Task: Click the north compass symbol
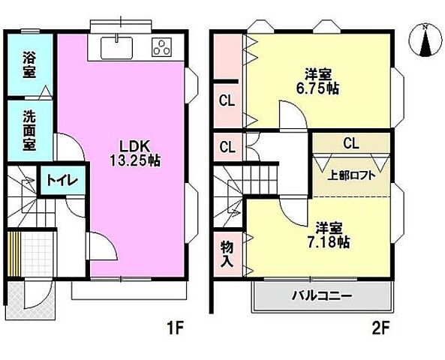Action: (424, 42)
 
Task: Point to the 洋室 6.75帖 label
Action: (321, 81)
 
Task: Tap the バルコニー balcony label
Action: (321, 295)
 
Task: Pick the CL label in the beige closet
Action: (350, 142)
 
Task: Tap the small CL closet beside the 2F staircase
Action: (226, 146)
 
